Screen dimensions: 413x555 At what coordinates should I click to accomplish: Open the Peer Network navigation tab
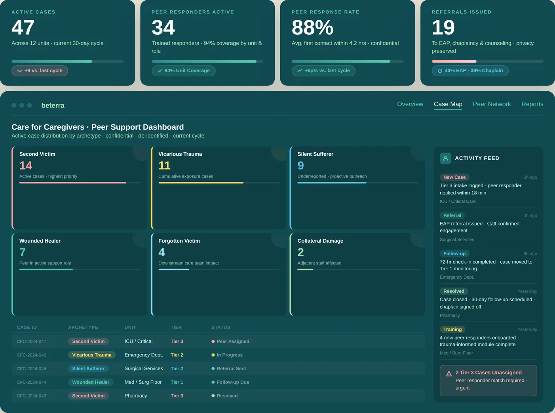(x=492, y=104)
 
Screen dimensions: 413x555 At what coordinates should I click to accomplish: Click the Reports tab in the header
(x=532, y=104)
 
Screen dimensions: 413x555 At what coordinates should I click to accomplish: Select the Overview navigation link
(x=410, y=104)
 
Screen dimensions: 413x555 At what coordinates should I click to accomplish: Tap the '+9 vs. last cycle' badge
(x=40, y=71)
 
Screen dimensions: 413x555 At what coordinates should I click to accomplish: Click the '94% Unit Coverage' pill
(x=184, y=71)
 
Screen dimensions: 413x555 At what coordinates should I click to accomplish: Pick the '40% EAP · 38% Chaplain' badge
(x=470, y=71)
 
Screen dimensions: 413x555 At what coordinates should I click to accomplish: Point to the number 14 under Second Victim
(x=26, y=166)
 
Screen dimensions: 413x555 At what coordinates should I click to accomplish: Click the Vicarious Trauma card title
(x=180, y=154)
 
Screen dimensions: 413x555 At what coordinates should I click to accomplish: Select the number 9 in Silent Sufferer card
(x=301, y=166)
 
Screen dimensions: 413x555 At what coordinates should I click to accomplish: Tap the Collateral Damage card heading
(x=320, y=241)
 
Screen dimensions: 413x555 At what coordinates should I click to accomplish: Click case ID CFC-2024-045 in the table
(x=32, y=369)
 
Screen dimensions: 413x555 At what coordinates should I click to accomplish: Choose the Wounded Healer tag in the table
(x=91, y=382)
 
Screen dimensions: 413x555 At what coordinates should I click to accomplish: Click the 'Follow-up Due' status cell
(x=233, y=382)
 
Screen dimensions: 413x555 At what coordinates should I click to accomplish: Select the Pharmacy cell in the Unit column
(x=136, y=396)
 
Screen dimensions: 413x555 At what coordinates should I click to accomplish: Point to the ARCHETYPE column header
(x=83, y=328)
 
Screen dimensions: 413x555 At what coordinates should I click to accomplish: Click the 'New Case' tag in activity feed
(x=454, y=177)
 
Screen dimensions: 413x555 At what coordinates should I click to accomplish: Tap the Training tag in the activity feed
(x=452, y=330)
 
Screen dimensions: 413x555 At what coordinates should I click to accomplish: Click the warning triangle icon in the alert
(x=449, y=374)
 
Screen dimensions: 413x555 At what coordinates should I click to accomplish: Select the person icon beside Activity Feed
(x=445, y=158)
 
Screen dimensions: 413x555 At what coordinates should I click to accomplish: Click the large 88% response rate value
(x=312, y=28)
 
